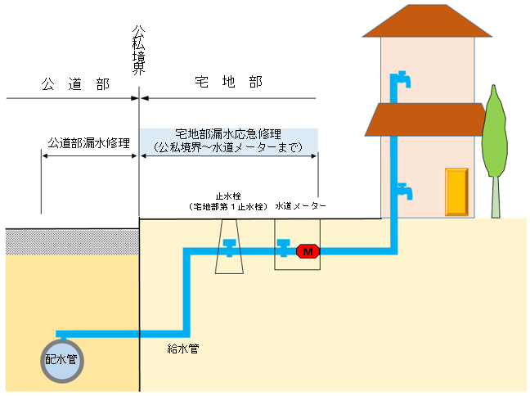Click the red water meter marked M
point(308,251)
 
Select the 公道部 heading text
point(69,84)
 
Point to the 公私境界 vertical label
point(139,50)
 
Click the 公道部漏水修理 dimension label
point(89,142)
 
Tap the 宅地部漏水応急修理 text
point(229,133)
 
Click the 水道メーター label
point(301,206)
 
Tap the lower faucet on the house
point(403,191)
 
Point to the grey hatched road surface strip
point(70,241)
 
